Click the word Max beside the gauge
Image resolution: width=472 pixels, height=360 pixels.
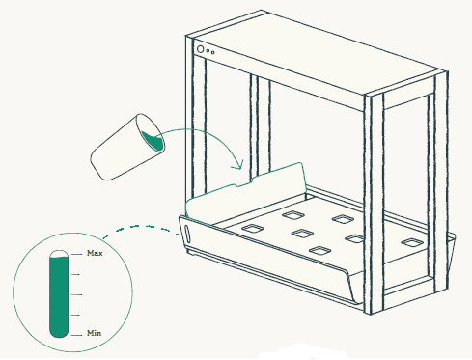95,253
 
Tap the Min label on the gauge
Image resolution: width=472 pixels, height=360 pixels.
94,333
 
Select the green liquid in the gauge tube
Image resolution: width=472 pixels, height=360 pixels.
59,296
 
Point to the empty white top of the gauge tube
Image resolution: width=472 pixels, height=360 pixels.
59,254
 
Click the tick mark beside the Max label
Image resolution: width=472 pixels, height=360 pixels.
76,254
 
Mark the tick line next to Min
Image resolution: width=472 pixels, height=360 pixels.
76,335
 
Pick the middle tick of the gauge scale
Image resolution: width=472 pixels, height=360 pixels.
76,294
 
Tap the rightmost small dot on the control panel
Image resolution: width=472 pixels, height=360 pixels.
212,52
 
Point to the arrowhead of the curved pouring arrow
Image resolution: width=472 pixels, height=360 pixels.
238,165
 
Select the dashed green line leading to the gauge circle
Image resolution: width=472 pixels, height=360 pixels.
141,230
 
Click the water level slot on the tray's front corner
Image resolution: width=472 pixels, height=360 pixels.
187,235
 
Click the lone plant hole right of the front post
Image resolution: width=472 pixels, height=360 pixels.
412,242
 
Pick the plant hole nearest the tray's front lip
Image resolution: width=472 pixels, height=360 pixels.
319,250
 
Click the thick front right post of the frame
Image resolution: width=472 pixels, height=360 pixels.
374,203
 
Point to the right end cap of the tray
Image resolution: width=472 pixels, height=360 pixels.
451,253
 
